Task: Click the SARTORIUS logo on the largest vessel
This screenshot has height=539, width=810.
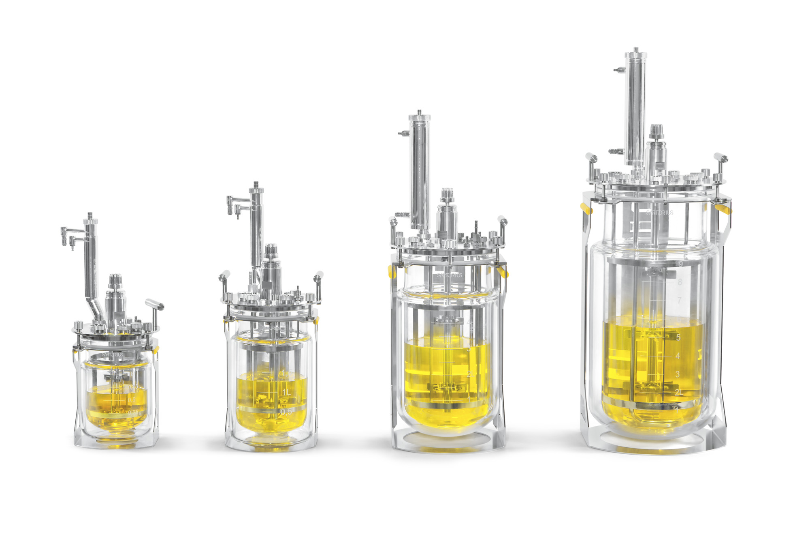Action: (x=659, y=213)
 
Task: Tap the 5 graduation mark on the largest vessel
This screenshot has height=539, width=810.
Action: (x=678, y=337)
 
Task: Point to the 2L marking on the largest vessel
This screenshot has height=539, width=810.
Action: (x=679, y=392)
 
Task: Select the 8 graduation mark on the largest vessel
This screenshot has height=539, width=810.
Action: (x=680, y=281)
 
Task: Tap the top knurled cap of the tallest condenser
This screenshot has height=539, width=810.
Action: (x=635, y=55)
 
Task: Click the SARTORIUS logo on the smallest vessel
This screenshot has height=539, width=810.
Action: (x=112, y=354)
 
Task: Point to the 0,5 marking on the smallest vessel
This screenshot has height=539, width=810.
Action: (x=132, y=400)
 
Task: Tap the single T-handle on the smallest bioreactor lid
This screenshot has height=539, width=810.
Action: (x=155, y=304)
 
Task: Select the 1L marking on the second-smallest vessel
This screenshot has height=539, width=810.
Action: (x=286, y=392)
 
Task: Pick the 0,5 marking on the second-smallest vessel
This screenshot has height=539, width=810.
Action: (x=286, y=412)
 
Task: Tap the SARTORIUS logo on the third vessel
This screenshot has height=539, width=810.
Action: (x=450, y=275)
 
